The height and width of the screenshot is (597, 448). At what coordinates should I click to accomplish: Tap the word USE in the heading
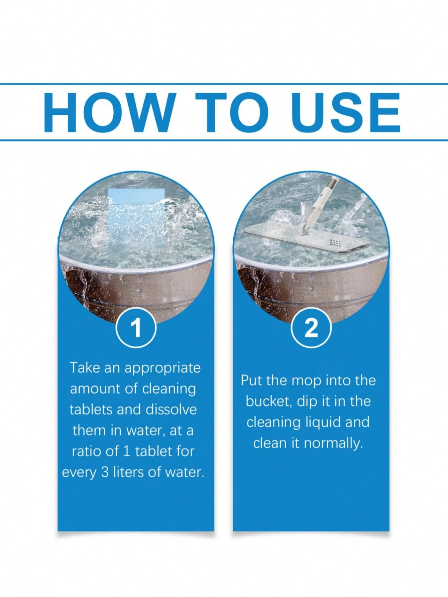coord(346,112)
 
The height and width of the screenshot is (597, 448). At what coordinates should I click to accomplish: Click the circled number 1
coord(136,328)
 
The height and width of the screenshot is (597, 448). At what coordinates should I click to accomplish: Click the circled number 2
coord(311,328)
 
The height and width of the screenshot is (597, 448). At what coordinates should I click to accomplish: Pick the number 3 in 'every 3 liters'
coord(105,472)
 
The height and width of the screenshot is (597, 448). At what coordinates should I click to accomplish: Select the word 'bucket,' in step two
coord(269,401)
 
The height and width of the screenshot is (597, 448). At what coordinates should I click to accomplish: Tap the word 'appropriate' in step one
coord(162,368)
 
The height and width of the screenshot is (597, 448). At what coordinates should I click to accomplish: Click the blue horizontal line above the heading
coord(224,84)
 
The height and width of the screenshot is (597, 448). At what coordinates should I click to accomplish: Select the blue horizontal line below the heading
coord(224,140)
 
